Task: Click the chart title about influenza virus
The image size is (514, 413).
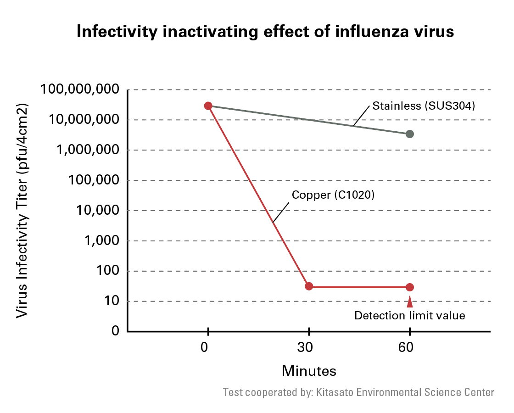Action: coord(265,32)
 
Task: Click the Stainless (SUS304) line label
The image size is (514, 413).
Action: coord(423,106)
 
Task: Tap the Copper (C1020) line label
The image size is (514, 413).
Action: coord(334,195)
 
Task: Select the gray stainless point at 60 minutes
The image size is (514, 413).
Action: coord(410,134)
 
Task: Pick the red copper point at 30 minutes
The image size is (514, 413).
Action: coord(309,286)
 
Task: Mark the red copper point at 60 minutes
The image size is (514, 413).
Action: coord(410,287)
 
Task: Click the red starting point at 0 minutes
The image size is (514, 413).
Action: coord(208,106)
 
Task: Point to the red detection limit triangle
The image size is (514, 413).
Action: coord(410,302)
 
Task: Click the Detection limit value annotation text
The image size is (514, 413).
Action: coord(410,316)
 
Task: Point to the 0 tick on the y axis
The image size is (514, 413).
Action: coord(116,330)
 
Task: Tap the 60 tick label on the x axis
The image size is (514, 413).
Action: coord(406,347)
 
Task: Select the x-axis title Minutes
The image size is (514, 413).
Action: coord(309,370)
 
